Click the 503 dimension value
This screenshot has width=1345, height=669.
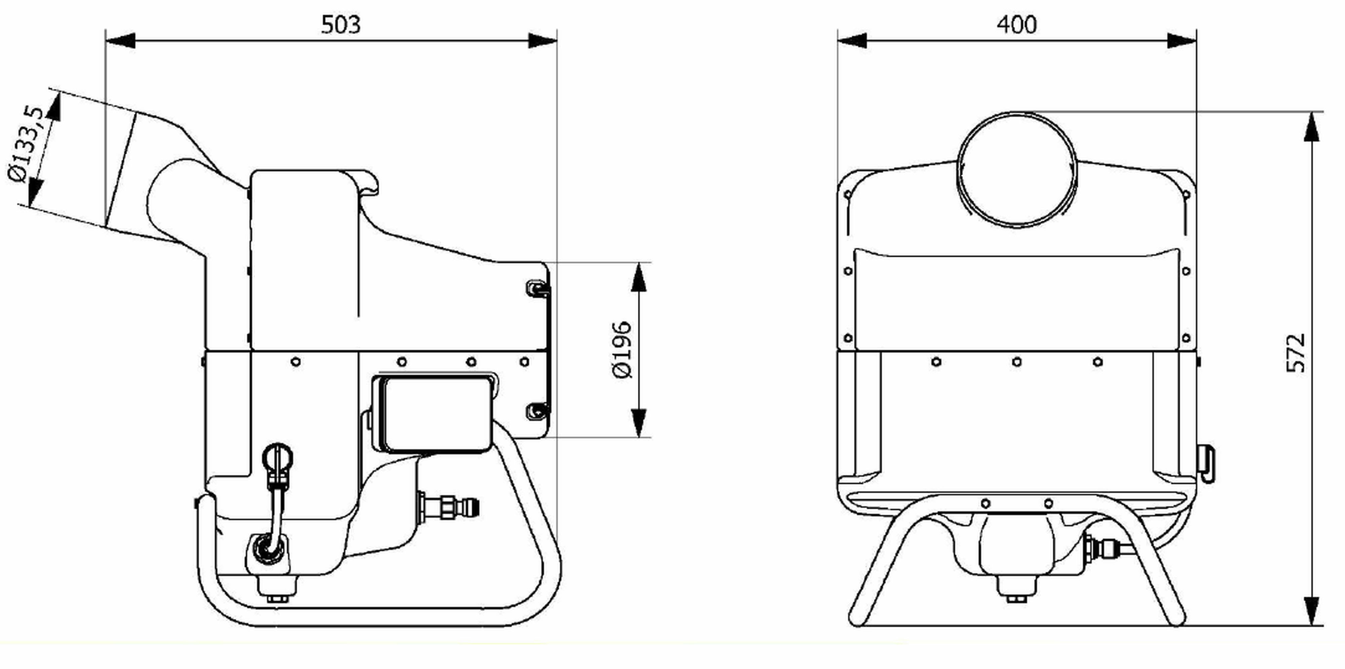coord(340,25)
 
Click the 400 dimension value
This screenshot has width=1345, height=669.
coord(1016,25)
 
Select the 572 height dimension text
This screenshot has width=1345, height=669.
coord(1295,353)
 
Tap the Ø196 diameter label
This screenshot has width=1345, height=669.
coord(621,350)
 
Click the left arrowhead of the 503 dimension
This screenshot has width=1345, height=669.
coord(120,41)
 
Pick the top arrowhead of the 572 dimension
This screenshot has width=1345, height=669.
coord(1311,126)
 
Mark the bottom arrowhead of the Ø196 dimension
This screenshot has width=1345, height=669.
coord(639,423)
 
